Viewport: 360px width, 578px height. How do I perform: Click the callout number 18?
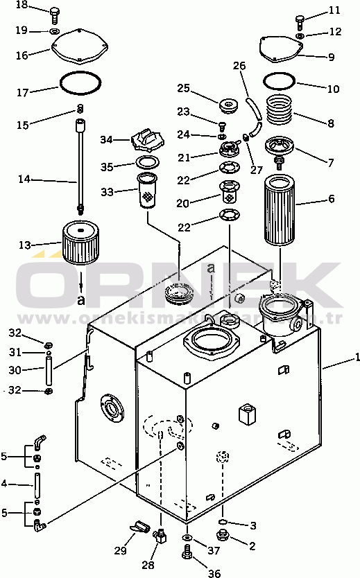pyautogui.click(x=22, y=6)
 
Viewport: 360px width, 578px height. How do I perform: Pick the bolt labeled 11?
pyautogui.click(x=300, y=20)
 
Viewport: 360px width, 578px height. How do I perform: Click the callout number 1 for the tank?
pyautogui.click(x=356, y=358)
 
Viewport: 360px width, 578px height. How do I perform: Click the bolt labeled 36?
pyautogui.click(x=187, y=552)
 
